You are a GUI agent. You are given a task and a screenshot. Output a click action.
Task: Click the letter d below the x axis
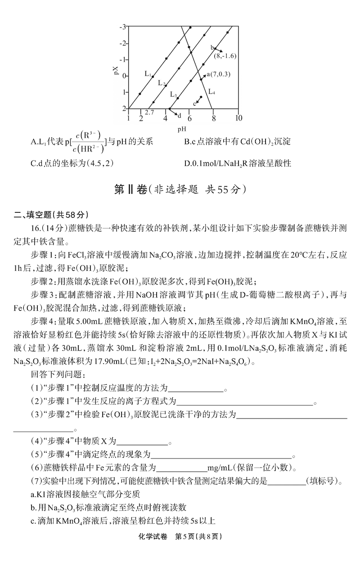point(179,116)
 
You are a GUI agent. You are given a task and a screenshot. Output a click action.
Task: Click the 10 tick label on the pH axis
point(238,118)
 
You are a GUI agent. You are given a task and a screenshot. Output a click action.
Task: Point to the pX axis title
point(116,70)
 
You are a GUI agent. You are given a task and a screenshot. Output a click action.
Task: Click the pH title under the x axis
point(182,129)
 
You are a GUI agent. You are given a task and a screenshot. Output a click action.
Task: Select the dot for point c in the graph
point(201,97)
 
